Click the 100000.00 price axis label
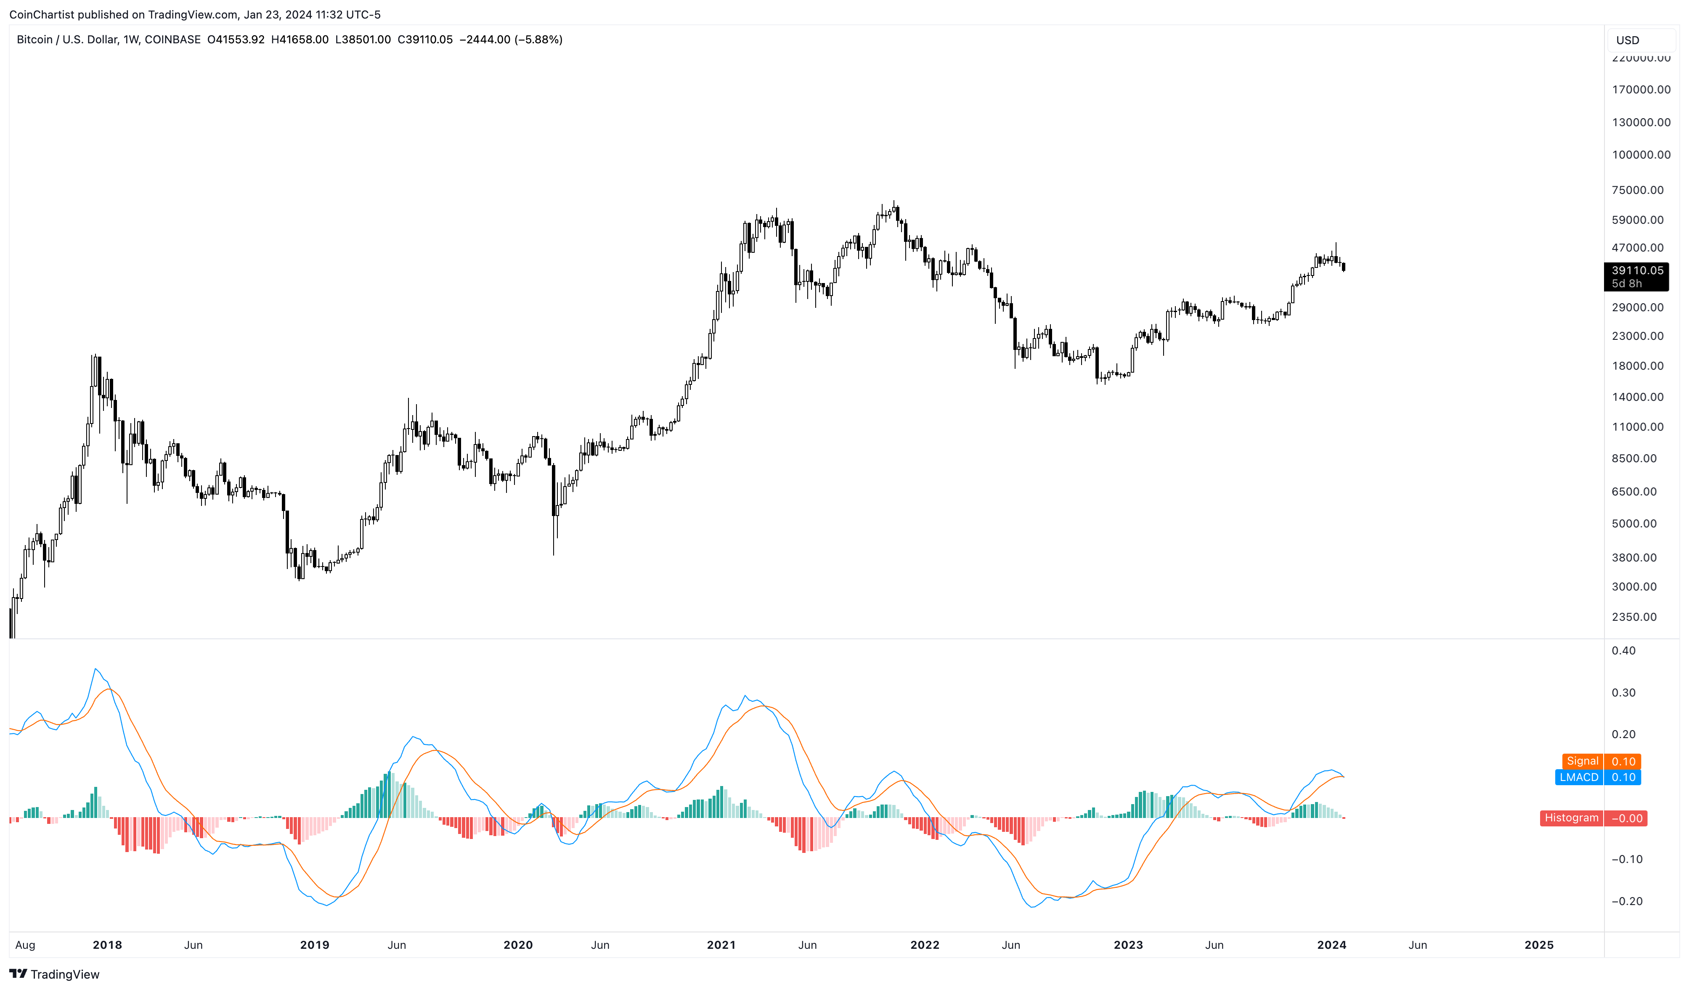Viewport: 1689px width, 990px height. pyautogui.click(x=1640, y=155)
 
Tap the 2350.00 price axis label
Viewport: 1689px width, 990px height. pyautogui.click(x=1633, y=617)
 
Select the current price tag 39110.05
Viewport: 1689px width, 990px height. pyautogui.click(x=1636, y=271)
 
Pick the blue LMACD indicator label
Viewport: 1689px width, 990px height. pyautogui.click(x=1578, y=778)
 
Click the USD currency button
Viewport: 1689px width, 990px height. pyautogui.click(x=1627, y=40)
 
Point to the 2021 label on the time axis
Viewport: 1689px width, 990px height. pyautogui.click(x=721, y=945)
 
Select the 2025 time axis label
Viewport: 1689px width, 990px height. pyautogui.click(x=1538, y=945)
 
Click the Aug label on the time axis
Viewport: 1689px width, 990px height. pyautogui.click(x=25, y=945)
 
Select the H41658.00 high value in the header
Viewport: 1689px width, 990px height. pyautogui.click(x=300, y=40)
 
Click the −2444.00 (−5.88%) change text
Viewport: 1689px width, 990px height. pyautogui.click(x=510, y=40)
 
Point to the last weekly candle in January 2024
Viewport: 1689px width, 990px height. pyautogui.click(x=1343, y=267)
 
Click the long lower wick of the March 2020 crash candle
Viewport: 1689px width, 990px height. pyautogui.click(x=554, y=536)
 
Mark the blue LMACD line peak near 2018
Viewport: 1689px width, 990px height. pyautogui.click(x=95, y=669)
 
